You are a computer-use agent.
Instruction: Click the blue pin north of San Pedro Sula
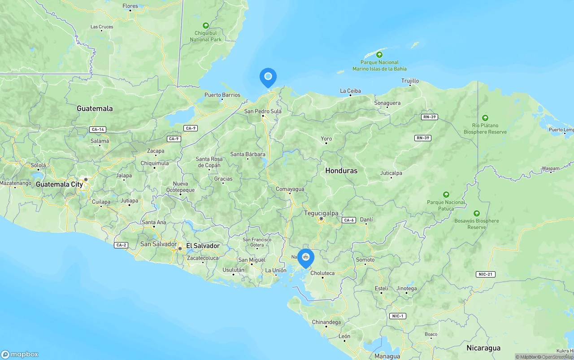coord(268,77)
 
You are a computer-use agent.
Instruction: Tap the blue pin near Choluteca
coord(306,258)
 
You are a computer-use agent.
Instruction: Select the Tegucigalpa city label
coord(321,213)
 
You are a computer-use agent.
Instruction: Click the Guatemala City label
coord(60,184)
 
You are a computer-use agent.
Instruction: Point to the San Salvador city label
coord(158,244)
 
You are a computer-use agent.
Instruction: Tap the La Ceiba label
coord(350,91)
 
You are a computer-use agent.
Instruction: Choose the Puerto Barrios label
coord(222,95)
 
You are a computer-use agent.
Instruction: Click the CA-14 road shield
coord(97,130)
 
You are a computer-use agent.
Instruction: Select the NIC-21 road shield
coord(485,274)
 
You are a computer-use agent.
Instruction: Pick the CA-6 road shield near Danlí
coord(348,220)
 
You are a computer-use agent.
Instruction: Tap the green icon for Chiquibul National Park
coord(205,26)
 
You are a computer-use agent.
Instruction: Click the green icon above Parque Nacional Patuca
coord(446,195)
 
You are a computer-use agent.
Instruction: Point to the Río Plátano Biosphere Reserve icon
coord(485,118)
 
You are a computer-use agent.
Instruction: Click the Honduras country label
coord(341,171)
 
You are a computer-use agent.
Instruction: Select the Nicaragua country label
coord(483,348)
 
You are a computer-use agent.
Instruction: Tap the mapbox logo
coord(20,354)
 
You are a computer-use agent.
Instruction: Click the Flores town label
coord(130,6)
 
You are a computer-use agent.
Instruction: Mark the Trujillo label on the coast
coord(410,81)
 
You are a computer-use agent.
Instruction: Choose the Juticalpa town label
coord(391,173)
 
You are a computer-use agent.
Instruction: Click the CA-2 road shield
coord(121,245)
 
